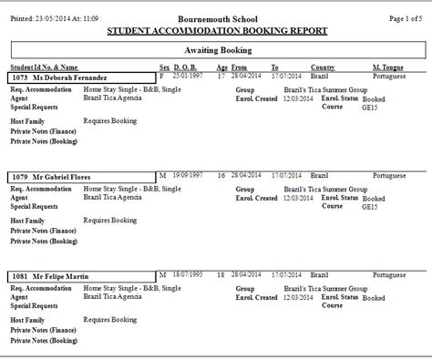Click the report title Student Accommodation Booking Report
coord(216,30)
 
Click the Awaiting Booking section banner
coord(216,53)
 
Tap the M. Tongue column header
coord(389,67)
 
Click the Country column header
coord(324,67)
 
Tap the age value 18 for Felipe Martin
coord(221,273)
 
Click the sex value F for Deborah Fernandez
coord(162,77)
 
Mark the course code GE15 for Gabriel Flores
coord(369,206)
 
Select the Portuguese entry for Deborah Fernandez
coord(390,77)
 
